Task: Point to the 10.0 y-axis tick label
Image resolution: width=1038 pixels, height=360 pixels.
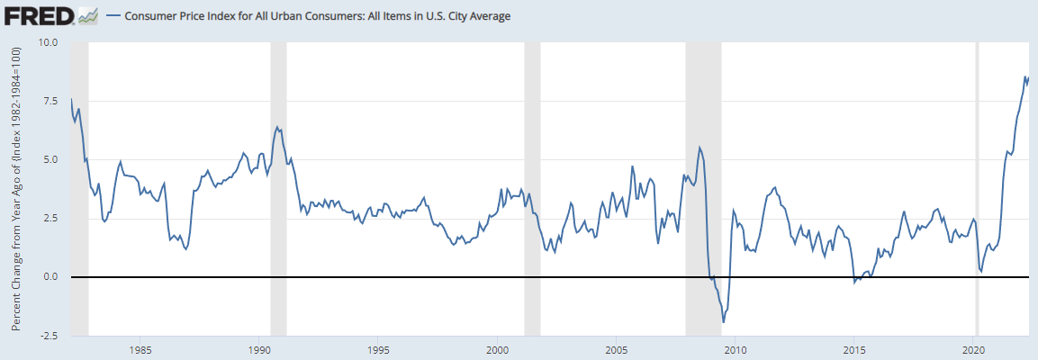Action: pos(47,42)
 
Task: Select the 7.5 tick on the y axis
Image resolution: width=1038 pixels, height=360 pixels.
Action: pos(50,101)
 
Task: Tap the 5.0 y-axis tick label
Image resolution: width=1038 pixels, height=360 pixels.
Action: pos(50,159)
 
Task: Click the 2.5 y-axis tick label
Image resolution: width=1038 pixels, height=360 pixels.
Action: pos(50,218)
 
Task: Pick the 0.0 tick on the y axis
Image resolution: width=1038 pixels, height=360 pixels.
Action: pos(50,276)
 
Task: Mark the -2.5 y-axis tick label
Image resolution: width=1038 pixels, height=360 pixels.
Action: pos(48,335)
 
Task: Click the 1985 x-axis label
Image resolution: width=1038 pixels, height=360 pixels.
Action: pos(140,348)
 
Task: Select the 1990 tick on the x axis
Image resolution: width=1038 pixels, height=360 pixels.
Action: pos(258,348)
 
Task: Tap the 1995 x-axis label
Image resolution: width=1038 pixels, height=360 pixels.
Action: pos(378,348)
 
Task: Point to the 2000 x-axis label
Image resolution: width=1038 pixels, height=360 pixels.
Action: pos(497,348)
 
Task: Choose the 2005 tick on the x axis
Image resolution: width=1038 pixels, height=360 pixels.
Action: pos(616,348)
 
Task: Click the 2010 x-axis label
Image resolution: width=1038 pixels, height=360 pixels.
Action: pos(736,348)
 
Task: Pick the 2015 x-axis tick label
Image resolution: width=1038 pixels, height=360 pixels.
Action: pos(854,348)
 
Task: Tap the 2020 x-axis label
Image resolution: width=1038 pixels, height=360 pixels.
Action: pos(974,348)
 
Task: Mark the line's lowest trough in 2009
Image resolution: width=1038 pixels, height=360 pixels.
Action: pos(723,321)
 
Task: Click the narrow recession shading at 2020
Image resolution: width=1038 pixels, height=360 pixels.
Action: pos(978,180)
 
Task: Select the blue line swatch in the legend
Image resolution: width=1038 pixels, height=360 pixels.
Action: pos(113,16)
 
